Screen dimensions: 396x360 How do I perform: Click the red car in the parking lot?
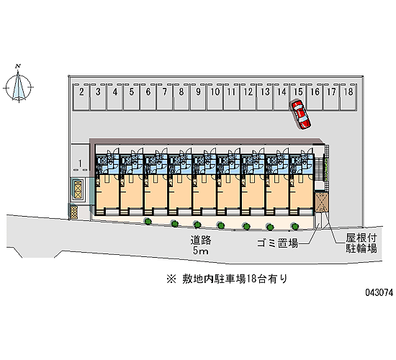tap(300, 115)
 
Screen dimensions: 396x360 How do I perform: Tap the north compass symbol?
tap(18, 86)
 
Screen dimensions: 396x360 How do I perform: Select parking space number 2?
tap(81, 97)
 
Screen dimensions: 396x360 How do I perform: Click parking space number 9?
tap(198, 97)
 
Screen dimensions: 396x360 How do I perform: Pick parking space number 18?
tap(348, 97)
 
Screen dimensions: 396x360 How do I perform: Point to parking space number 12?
tap(248, 97)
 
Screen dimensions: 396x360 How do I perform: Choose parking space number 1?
tap(80, 160)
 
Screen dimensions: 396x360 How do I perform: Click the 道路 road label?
tap(201, 240)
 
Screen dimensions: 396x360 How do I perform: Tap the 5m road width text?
tap(201, 251)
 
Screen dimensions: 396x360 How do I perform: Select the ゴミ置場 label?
tap(277, 243)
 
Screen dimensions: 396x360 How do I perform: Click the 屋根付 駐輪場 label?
tap(361, 243)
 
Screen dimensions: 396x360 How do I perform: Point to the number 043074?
tap(379, 292)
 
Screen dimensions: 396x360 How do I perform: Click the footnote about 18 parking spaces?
tap(227, 279)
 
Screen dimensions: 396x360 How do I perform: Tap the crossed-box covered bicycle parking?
tap(320, 202)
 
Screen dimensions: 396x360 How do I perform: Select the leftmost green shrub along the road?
tap(148, 221)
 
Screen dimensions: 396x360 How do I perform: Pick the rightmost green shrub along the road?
tap(294, 226)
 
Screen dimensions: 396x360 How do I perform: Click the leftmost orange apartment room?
tap(107, 192)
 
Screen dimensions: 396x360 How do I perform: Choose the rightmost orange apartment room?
tap(301, 192)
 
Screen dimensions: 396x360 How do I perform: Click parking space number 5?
tap(131, 97)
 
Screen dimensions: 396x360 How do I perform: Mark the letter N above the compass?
tap(18, 67)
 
